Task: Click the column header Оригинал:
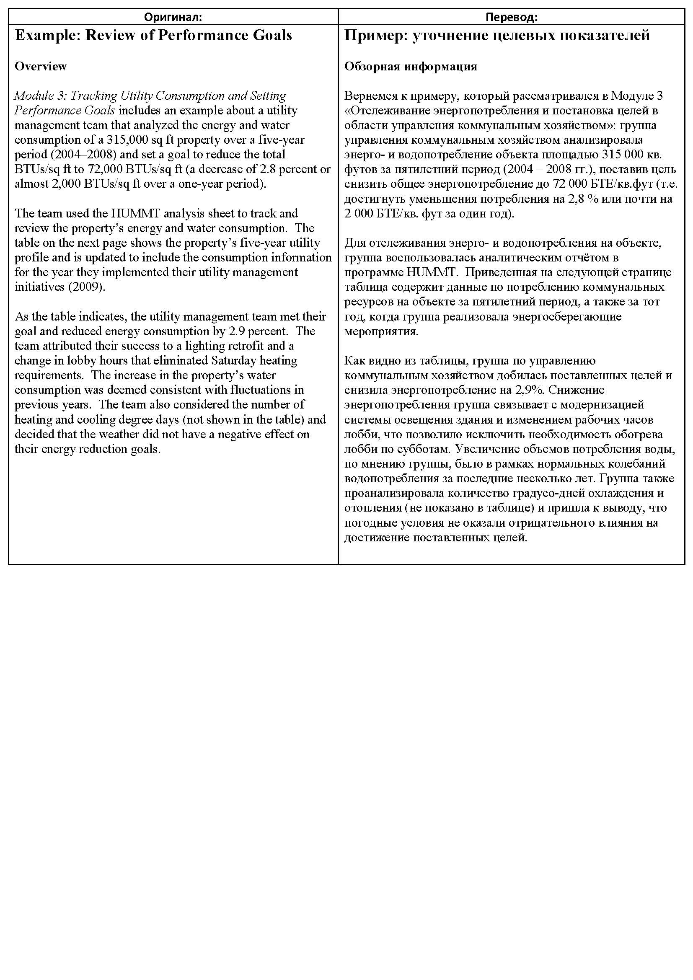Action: (x=173, y=17)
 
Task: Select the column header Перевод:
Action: (x=511, y=17)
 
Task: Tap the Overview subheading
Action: (x=41, y=67)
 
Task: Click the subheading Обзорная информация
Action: (x=411, y=67)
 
